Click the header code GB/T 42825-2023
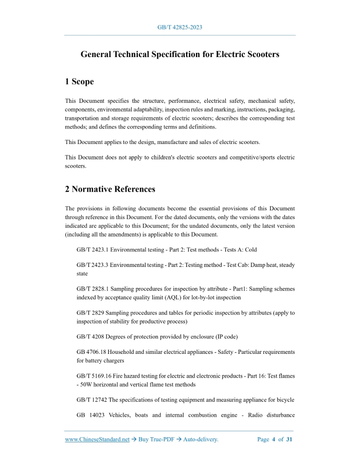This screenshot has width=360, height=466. (x=179, y=27)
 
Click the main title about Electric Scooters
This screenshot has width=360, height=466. (x=180, y=54)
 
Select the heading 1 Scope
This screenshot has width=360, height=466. (x=79, y=82)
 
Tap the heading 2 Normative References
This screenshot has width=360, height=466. (x=110, y=189)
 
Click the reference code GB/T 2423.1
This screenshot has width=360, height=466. (x=92, y=249)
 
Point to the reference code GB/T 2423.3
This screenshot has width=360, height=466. (x=92, y=265)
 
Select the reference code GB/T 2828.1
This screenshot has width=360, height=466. (x=92, y=289)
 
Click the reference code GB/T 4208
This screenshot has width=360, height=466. (x=88, y=337)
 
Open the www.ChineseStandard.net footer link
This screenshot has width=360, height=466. (x=97, y=440)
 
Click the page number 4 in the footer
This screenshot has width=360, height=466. (x=274, y=440)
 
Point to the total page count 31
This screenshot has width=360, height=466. (x=289, y=440)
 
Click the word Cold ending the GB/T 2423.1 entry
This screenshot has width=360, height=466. (x=250, y=249)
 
